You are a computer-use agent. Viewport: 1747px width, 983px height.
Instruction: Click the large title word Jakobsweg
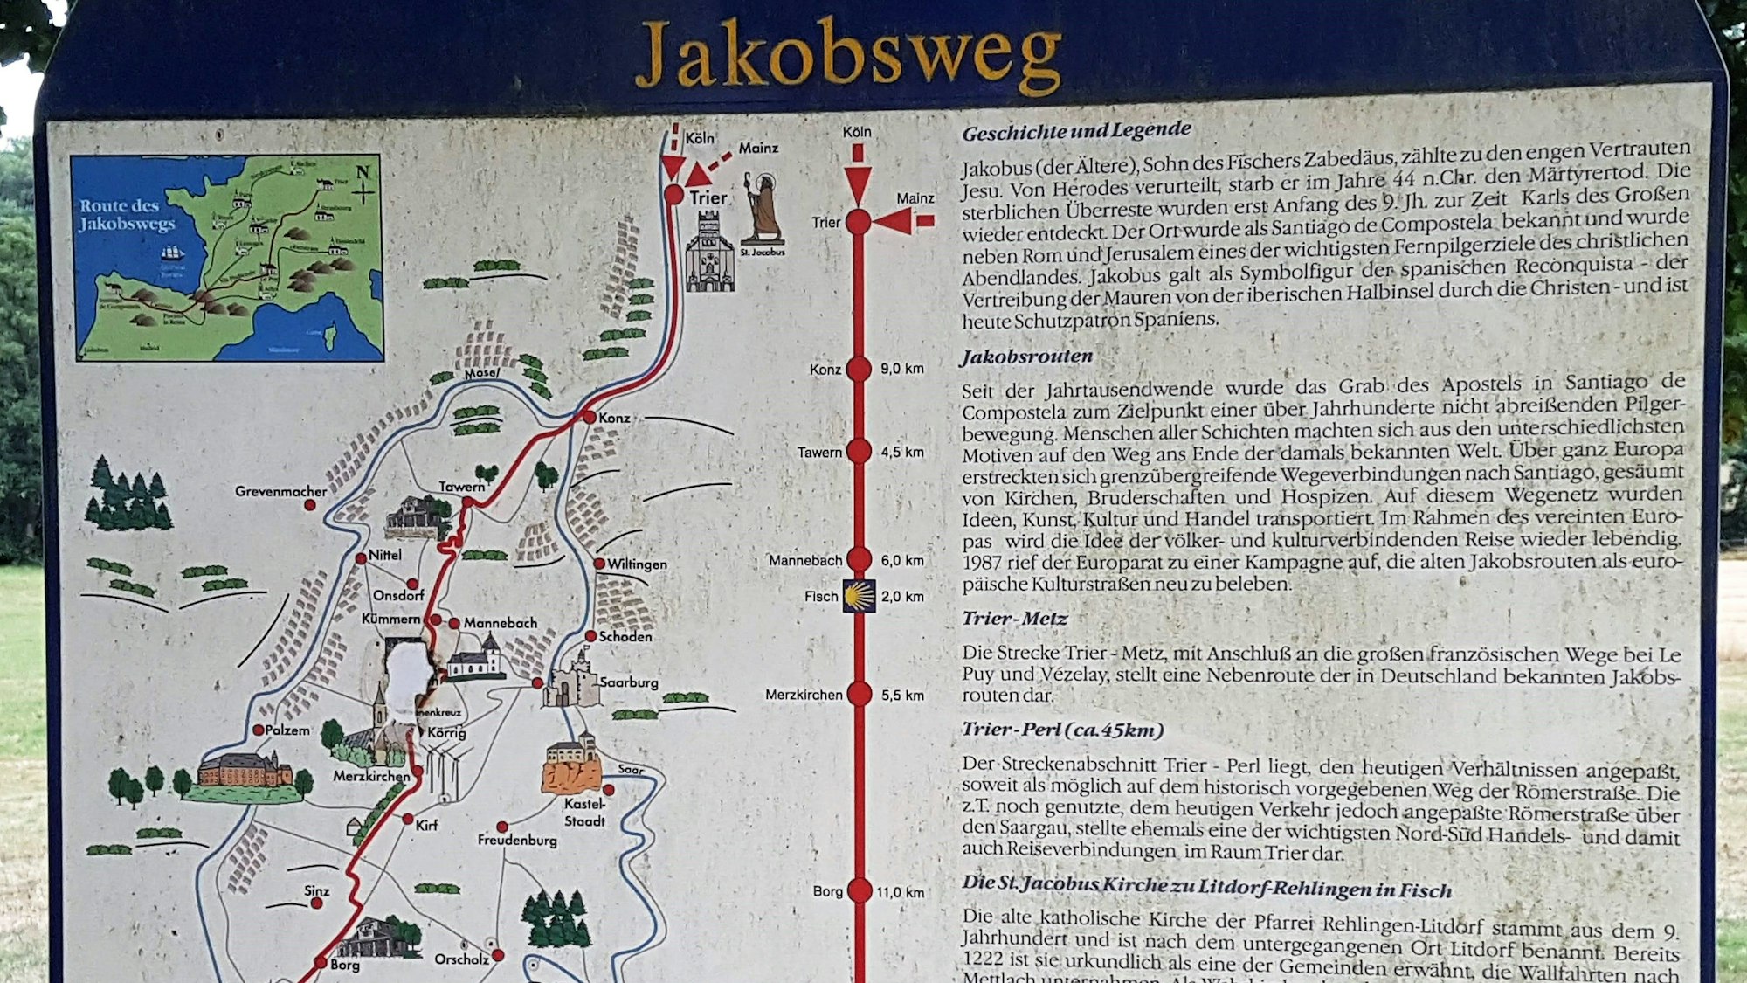(x=847, y=54)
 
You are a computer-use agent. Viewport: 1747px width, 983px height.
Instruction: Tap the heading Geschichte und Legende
(x=1076, y=132)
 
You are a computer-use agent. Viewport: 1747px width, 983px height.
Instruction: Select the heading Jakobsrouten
(x=1026, y=357)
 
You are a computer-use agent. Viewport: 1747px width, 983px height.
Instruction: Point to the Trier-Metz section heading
(x=1014, y=619)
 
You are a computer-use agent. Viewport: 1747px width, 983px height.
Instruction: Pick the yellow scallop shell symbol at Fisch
(x=859, y=596)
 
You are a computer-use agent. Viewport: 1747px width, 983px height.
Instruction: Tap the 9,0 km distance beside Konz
(x=901, y=369)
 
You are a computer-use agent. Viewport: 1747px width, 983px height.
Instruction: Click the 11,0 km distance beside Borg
(x=900, y=892)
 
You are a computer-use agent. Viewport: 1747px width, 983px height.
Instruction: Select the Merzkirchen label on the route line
(x=804, y=695)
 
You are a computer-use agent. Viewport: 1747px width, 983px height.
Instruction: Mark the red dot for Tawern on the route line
(x=859, y=452)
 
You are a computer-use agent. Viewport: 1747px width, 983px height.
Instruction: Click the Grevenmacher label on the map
(x=280, y=492)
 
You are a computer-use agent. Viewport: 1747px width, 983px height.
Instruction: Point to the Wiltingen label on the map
(x=637, y=564)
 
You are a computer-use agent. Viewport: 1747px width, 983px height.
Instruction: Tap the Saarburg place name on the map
(x=628, y=682)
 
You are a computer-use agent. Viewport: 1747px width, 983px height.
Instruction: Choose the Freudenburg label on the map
(x=516, y=840)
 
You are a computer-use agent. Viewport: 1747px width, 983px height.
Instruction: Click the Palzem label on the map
(x=287, y=730)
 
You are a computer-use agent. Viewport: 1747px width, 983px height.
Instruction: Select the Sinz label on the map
(x=316, y=891)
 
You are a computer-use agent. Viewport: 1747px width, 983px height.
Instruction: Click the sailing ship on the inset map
(x=172, y=253)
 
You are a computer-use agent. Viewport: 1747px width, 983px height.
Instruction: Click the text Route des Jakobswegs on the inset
(x=128, y=215)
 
